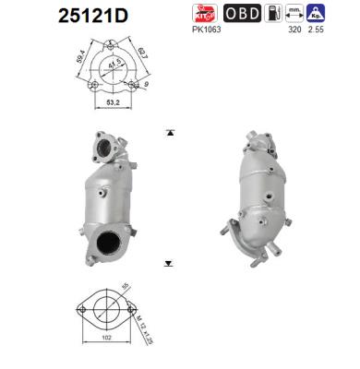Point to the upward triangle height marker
pos(169,134)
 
